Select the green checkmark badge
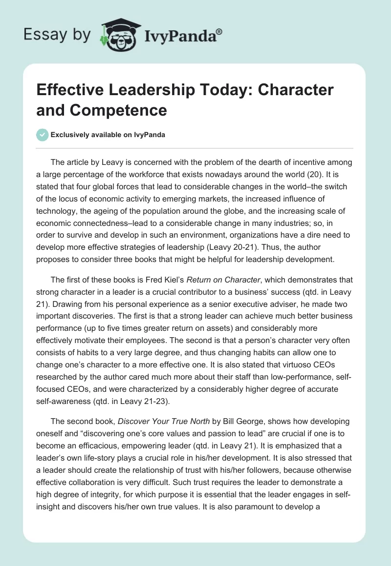[43, 135]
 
